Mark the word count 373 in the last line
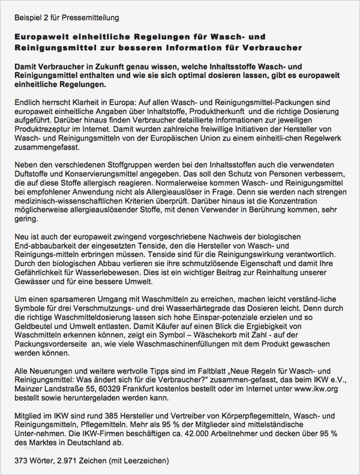click(x=21, y=461)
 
